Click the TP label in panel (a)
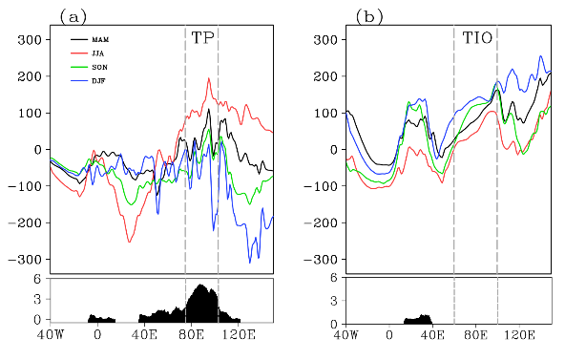202,38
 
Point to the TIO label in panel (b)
477,38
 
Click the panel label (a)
73,17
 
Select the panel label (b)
369,17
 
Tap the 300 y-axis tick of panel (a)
30,39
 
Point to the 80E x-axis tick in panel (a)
191,334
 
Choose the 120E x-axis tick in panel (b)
519,334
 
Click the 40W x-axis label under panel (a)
51,334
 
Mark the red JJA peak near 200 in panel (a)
209,78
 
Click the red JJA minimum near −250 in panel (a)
129,242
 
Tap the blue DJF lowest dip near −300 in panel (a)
250,262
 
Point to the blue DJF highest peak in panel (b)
540,56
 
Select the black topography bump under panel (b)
418,320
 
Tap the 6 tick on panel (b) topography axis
334,278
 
